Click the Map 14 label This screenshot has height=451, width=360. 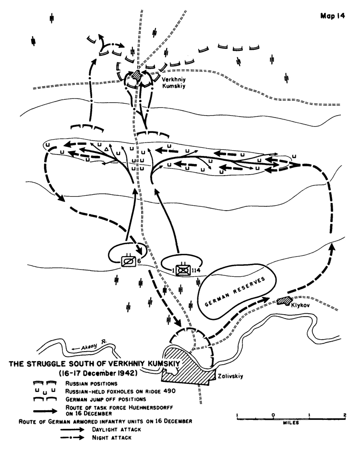pos(332,16)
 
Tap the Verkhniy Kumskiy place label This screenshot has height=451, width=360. pos(174,83)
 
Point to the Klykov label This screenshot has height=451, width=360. pos(300,305)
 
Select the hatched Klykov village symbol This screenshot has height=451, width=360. pos(284,301)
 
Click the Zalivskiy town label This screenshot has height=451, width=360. pos(230,376)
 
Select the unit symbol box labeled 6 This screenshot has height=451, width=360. pos(128,261)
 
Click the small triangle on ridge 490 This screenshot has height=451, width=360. pos(107,149)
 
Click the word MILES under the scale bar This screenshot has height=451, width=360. pos(291,423)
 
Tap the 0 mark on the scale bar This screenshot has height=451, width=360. pos(273,415)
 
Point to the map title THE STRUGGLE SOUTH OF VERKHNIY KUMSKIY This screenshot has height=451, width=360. pos(95,364)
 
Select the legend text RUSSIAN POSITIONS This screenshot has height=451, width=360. pos(91,384)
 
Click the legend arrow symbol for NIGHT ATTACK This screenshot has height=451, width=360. pos(72,438)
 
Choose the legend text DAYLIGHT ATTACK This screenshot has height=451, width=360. pos(117,429)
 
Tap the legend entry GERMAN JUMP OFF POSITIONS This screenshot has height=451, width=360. pos(106,399)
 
